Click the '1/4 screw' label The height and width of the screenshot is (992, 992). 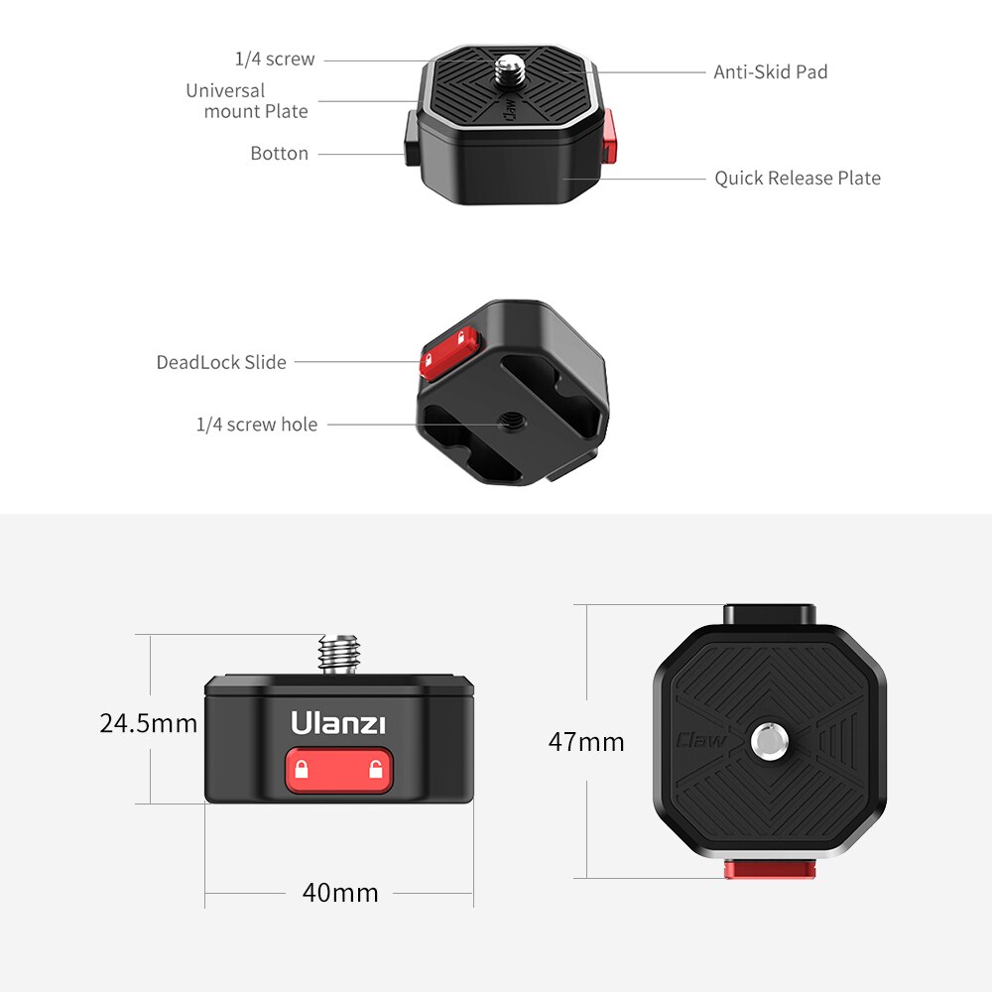click(x=275, y=60)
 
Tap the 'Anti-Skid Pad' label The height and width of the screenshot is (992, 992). click(x=770, y=72)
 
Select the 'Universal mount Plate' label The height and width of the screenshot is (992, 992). click(x=247, y=101)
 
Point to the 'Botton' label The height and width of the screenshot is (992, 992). click(x=279, y=154)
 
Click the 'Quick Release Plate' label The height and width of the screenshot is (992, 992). click(x=798, y=179)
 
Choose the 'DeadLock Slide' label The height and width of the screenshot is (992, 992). click(x=221, y=363)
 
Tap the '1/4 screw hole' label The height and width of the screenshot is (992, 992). click(x=257, y=425)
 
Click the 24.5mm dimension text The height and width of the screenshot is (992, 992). click(x=149, y=723)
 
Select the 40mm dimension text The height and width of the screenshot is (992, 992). click(x=340, y=893)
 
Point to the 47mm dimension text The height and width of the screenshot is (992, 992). click(x=586, y=742)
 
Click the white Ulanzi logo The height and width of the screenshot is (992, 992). click(x=338, y=723)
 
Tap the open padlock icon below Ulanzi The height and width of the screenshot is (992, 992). click(x=376, y=770)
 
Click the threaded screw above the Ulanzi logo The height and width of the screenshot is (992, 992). click(x=338, y=655)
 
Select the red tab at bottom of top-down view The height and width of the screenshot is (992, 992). click(x=769, y=870)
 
